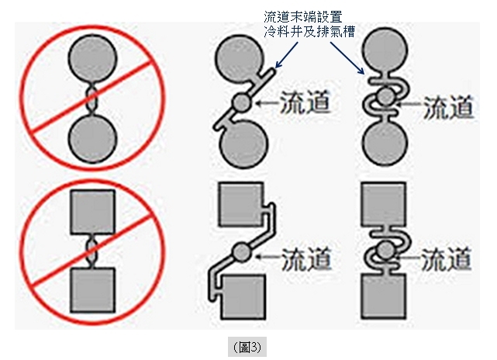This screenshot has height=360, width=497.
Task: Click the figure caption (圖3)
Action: [x=247, y=348]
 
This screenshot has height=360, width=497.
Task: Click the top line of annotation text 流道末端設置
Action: [x=303, y=17]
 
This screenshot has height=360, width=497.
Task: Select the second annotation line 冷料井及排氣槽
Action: [x=309, y=31]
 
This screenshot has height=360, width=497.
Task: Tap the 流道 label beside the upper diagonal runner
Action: [x=305, y=102]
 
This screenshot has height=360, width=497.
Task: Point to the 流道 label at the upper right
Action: [x=448, y=108]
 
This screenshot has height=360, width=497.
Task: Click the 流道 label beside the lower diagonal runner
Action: [x=306, y=259]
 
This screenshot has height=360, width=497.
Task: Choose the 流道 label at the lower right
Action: [x=447, y=259]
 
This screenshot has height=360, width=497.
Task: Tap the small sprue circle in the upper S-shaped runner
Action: [x=386, y=97]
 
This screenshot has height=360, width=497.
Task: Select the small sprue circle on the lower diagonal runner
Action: [x=242, y=252]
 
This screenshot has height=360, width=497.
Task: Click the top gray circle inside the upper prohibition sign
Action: [x=92, y=59]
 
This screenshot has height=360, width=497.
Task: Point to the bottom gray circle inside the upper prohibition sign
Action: [x=92, y=139]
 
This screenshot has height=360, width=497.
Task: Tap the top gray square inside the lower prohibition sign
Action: [x=92, y=212]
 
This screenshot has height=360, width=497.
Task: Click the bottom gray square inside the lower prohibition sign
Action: [x=92, y=290]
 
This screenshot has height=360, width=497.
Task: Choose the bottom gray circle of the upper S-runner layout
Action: [x=385, y=141]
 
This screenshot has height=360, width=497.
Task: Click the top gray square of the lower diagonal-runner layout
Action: [x=241, y=204]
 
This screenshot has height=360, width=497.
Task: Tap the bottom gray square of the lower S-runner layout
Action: [x=384, y=296]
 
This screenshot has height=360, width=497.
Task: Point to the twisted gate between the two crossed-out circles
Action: [x=92, y=99]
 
